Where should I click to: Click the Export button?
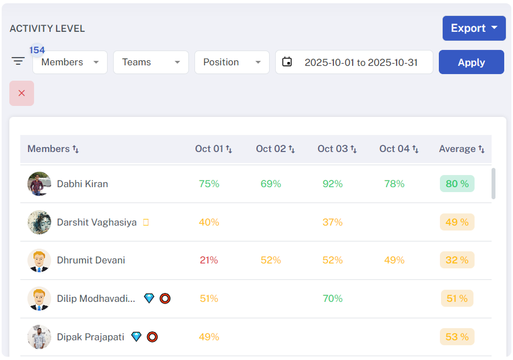pos(473,28)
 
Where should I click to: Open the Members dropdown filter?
pos(70,62)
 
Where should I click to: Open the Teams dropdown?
pos(150,62)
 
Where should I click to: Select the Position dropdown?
pos(231,62)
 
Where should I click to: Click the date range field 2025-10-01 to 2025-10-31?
pos(354,62)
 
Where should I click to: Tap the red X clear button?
pos(21,93)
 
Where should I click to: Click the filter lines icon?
pos(19,61)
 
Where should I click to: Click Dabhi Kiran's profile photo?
pos(39,184)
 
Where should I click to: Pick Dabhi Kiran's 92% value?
pos(332,184)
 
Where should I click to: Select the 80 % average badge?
pos(457,184)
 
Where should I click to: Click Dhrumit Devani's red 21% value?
pos(209,260)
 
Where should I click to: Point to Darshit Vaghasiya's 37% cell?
pos(332,222)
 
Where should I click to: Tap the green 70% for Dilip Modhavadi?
pos(332,299)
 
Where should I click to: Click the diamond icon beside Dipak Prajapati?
pos(136,336)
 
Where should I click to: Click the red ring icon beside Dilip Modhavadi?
pos(165,299)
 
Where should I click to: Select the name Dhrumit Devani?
pos(91,260)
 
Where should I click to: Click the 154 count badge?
pos(37,50)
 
